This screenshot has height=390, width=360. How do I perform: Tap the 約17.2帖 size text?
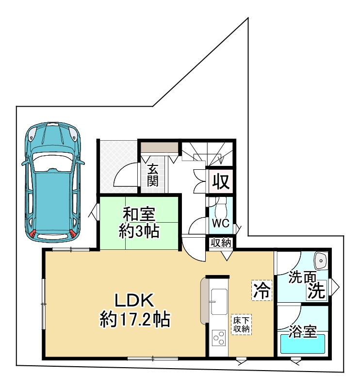coord(135,319)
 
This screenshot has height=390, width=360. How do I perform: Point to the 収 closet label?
coord(221,182)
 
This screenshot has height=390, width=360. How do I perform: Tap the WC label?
coord(221,223)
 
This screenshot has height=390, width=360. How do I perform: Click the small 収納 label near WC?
coord(221,243)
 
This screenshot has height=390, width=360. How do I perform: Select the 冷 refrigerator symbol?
coord(262,290)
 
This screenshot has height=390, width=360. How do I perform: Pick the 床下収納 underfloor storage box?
coord(241,325)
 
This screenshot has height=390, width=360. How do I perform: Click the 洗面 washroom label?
coord(302,277)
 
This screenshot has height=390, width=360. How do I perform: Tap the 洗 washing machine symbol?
coord(316,291)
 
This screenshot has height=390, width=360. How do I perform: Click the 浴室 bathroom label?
coord(303,332)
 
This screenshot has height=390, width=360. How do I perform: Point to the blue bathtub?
coord(303,343)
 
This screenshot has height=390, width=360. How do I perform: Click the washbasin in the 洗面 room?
coord(321,260)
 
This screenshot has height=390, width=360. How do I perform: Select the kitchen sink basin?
coord(219,301)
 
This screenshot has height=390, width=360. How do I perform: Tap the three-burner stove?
coord(218,338)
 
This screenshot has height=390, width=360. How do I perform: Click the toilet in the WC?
coord(221,207)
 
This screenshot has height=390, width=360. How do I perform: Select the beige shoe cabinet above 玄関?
coord(160,148)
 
